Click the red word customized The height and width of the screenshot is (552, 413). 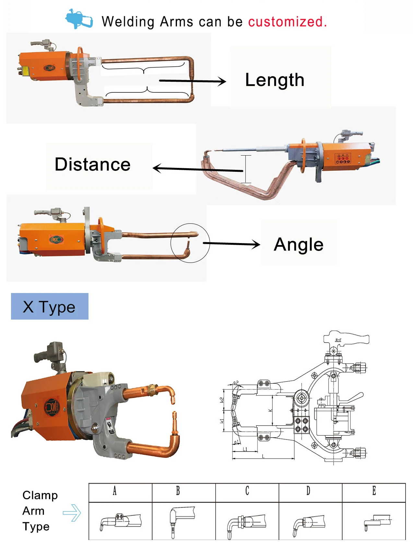pos(287,22)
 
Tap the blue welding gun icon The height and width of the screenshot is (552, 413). pos(79,19)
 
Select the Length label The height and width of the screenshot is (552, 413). pos(275,80)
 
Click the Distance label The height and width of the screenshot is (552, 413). pos(92,164)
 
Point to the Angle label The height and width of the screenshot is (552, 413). pos(299,244)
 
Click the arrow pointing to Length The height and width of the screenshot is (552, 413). pos(193,81)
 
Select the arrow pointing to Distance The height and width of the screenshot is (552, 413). pos(197,169)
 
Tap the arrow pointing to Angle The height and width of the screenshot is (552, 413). pos(231,244)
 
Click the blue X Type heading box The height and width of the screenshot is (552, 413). pos(50,306)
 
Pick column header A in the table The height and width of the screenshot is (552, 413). pos(114,491)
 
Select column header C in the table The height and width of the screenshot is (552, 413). pos(247,491)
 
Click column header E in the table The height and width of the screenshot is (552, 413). pos(374,491)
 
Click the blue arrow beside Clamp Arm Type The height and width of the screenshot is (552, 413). pos(72,513)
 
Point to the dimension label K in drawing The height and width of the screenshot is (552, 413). pos(270,410)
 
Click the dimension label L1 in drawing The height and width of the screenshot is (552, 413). pos(245,449)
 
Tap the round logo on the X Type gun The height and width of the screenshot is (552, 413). pos(52,406)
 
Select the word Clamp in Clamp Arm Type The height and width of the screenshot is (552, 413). pos(40,495)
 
